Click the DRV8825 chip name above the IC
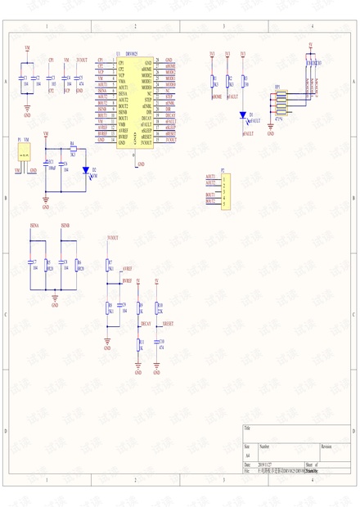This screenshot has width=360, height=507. [x=132, y=55]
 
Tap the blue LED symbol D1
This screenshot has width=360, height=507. [x=243, y=117]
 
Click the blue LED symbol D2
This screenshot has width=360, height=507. [x=86, y=172]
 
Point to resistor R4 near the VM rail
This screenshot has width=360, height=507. [x=73, y=149]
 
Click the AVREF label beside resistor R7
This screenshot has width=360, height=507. [x=127, y=268]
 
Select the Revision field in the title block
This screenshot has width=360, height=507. [x=326, y=447]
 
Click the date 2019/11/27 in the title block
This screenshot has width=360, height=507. [x=268, y=464]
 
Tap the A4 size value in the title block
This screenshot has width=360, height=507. [x=248, y=455]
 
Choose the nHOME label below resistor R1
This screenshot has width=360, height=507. [x=216, y=96]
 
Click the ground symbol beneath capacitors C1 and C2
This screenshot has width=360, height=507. [x=27, y=105]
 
